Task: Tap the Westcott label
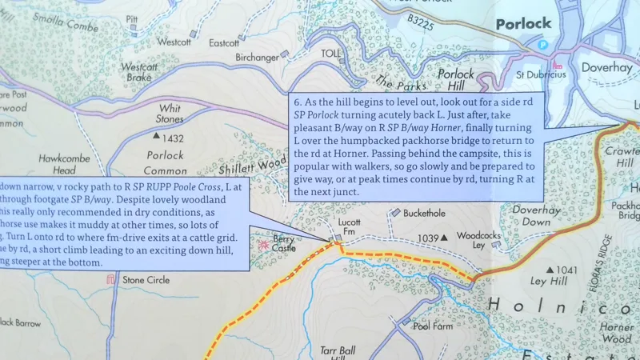tap(174, 41)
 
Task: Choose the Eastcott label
tap(223, 42)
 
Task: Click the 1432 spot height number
tap(173, 138)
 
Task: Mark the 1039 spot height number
tap(429, 238)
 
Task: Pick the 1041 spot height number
tap(565, 270)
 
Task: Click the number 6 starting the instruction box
tap(297, 102)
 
